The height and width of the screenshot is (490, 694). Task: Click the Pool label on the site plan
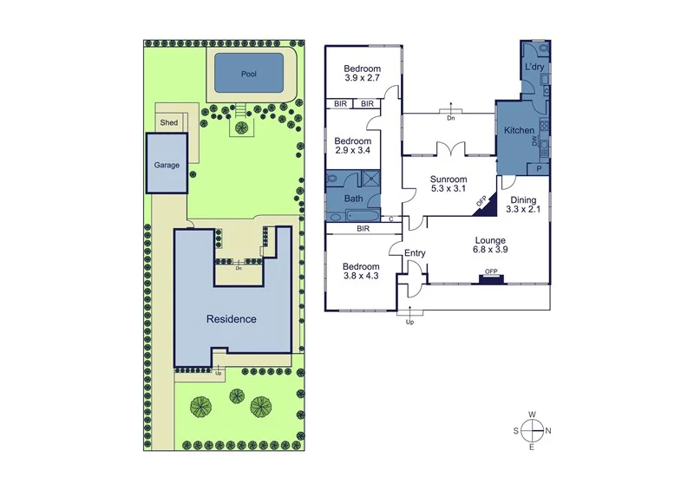tap(248, 75)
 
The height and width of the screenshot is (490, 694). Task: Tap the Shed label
tap(169, 123)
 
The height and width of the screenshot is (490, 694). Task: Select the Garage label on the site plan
tap(167, 165)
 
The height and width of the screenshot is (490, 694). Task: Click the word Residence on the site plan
tap(231, 319)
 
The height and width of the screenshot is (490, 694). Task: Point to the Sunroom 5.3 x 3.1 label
tap(448, 185)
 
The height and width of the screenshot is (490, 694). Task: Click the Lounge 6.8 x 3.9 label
tap(489, 245)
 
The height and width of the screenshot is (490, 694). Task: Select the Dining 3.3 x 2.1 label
tap(526, 205)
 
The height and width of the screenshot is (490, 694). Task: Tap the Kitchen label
tap(519, 130)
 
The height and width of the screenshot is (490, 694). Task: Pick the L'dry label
tap(534, 68)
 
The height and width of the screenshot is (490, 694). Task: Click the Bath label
tap(354, 199)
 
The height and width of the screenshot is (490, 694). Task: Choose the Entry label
tap(416, 253)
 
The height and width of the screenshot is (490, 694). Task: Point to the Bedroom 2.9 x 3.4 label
tap(353, 146)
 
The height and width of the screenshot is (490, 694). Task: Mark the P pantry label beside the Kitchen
tap(539, 167)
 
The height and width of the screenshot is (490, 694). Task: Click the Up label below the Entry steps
tap(410, 322)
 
